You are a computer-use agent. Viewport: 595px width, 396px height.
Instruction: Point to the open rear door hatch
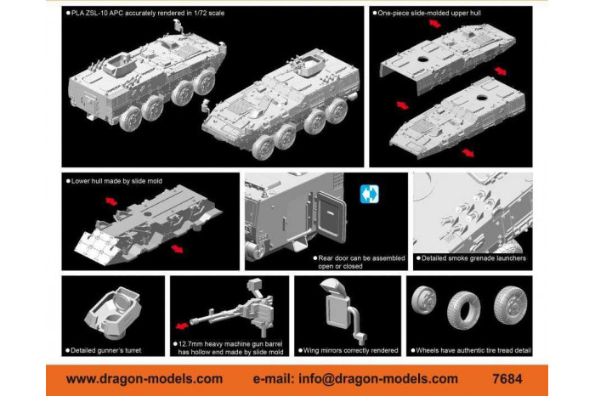[326, 223]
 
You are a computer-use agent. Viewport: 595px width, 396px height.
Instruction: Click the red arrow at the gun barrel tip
[181, 325]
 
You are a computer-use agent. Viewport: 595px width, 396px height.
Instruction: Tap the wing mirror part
[334, 304]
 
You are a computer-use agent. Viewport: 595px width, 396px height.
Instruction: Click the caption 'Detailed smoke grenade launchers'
[474, 257]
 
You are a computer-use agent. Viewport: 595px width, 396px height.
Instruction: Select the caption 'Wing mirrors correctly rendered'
[350, 349]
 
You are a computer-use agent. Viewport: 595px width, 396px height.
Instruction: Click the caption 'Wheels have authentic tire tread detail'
[472, 349]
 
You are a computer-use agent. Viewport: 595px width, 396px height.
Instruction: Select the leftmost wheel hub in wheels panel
[424, 298]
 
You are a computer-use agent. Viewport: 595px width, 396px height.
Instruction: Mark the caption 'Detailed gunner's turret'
[111, 349]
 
